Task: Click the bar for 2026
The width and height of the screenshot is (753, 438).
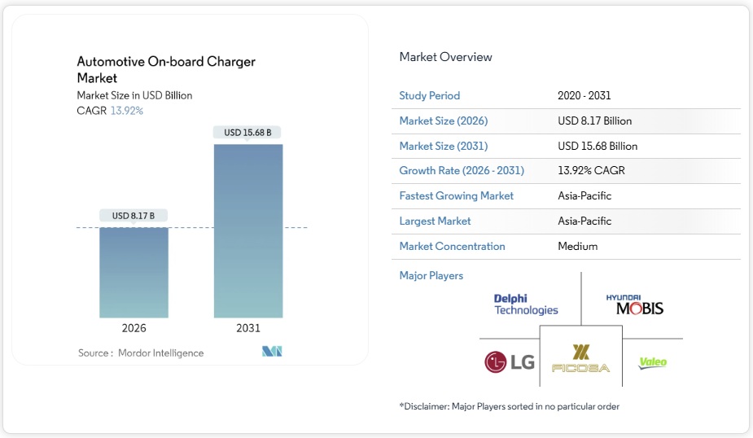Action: click(134, 272)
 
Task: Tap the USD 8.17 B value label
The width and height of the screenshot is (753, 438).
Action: click(134, 216)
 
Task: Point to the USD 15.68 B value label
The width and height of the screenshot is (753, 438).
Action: click(247, 132)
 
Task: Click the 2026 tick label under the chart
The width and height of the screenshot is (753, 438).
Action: click(134, 328)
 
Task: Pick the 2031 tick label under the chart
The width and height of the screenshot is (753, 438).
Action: click(248, 328)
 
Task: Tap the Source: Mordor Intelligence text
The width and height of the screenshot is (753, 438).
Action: click(141, 353)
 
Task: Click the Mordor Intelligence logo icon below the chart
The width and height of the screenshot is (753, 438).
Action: click(272, 352)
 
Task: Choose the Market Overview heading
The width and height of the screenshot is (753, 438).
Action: click(445, 57)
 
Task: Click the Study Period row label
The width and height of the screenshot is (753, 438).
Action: click(429, 96)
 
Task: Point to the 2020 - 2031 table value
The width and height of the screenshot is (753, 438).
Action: click(585, 96)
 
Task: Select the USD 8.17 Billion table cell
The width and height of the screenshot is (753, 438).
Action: click(594, 120)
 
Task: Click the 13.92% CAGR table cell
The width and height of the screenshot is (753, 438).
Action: click(591, 171)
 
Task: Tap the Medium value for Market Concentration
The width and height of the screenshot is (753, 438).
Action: click(577, 246)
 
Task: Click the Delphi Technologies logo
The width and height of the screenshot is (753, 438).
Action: click(526, 304)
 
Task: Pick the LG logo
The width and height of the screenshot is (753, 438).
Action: click(510, 361)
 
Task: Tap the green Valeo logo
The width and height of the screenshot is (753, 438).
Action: click(653, 362)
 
